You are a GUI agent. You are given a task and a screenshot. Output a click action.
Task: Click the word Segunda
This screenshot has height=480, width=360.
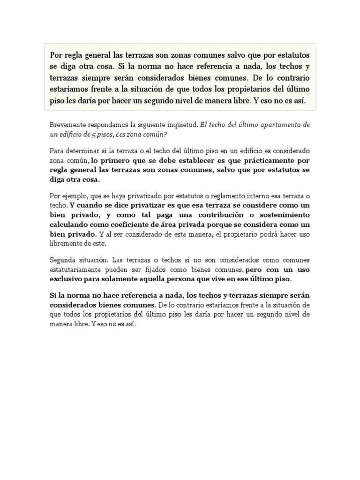point(62,260)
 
